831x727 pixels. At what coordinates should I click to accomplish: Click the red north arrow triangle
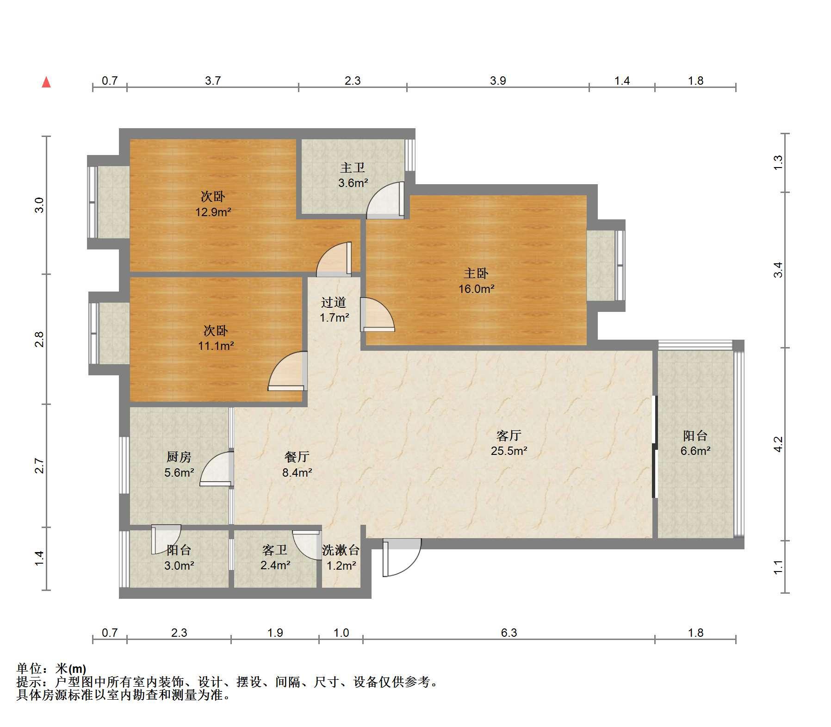click(46, 82)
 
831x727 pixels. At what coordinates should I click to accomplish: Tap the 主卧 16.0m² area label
click(477, 281)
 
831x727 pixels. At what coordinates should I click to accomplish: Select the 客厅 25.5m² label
click(509, 443)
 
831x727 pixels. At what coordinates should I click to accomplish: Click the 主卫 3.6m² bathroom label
click(353, 175)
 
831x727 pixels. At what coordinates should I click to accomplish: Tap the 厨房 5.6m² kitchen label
click(179, 465)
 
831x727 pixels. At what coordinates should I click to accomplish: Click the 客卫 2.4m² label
click(275, 558)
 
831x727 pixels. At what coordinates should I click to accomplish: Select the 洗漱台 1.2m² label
click(341, 558)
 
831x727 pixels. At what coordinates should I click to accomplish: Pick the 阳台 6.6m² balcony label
click(695, 443)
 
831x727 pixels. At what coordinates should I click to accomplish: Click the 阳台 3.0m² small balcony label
click(179, 558)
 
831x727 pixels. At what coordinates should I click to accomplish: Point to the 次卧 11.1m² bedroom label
click(216, 338)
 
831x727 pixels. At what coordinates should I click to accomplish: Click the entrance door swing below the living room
click(402, 557)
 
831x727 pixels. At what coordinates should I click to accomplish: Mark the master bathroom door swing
click(385, 200)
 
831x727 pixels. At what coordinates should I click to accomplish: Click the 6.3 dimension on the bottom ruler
click(509, 633)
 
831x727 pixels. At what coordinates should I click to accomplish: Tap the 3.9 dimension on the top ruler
click(498, 81)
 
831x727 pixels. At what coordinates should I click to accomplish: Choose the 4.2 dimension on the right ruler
click(778, 444)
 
